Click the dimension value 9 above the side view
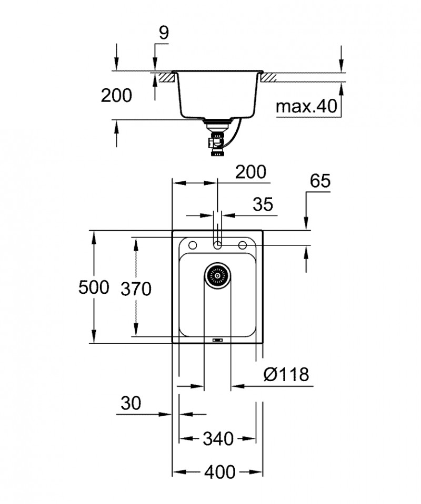pyautogui.click(x=164, y=34)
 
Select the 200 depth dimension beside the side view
pyautogui.click(x=116, y=95)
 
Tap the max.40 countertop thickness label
pyautogui.click(x=306, y=107)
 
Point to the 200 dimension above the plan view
pyautogui.click(x=250, y=172)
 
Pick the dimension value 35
pyautogui.click(x=263, y=204)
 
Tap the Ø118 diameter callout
pyautogui.click(x=287, y=375)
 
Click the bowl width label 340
pyautogui.click(x=218, y=438)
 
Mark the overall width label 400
pyautogui.click(x=219, y=472)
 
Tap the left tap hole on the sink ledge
pyautogui.click(x=192, y=245)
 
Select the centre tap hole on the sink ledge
pyautogui.click(x=217, y=245)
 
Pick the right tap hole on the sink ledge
pyautogui.click(x=243, y=245)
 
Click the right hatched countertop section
pyautogui.click(x=267, y=77)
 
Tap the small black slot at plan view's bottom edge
pyautogui.click(x=217, y=341)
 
